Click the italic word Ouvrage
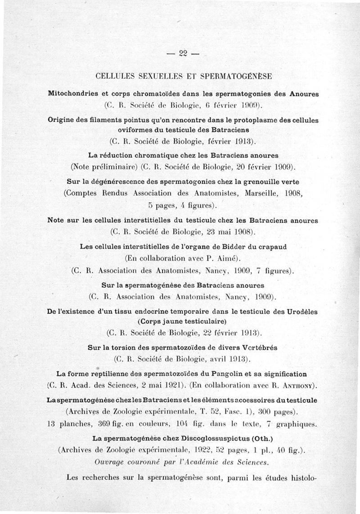(111, 462)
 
